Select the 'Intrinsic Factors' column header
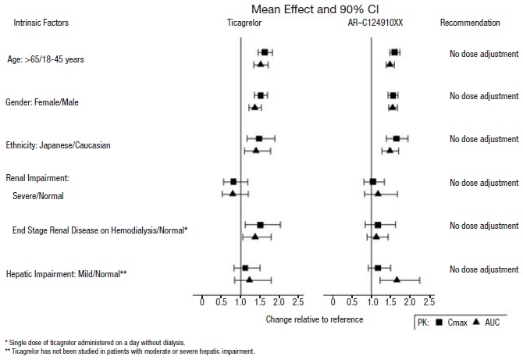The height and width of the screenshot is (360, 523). (x=41, y=23)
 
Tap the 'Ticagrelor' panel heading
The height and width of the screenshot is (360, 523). (x=238, y=23)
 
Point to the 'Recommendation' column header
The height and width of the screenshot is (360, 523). (x=470, y=23)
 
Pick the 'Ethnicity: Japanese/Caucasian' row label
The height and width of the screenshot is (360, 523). (x=58, y=145)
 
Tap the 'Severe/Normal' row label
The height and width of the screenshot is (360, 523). (x=38, y=196)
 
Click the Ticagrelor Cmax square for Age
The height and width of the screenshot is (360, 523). (x=265, y=52)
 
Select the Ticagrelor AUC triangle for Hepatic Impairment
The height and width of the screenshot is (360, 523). (x=249, y=279)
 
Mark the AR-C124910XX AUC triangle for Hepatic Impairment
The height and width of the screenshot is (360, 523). (x=397, y=279)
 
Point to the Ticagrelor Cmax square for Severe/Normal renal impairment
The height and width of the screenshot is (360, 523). (x=233, y=182)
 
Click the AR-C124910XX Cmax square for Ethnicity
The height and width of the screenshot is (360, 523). (x=397, y=138)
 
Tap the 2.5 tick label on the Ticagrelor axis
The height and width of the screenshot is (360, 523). (x=297, y=302)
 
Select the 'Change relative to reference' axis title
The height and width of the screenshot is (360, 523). (x=314, y=319)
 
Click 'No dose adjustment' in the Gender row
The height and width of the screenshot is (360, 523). (x=484, y=96)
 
